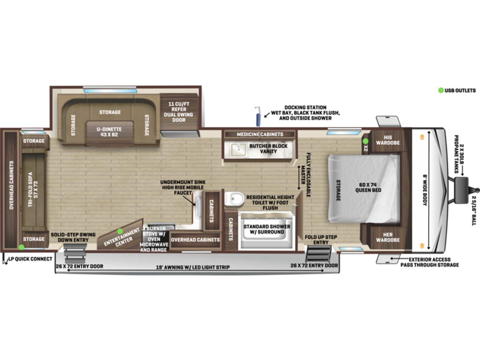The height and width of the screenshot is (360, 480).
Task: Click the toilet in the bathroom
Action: pos(234,198)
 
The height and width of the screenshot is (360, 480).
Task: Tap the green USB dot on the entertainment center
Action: pos(120,231)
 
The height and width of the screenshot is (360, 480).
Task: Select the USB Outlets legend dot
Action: pos(441,90)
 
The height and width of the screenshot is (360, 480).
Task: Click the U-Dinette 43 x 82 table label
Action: pos(109,132)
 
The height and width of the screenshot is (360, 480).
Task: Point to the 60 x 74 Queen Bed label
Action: pos(368,188)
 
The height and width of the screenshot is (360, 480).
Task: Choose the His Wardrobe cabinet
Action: pos(388,140)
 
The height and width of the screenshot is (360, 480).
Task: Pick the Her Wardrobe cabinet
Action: pos(388,237)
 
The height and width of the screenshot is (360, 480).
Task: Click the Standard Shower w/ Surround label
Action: pos(267,229)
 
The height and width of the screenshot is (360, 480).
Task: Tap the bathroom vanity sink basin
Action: pos(238,150)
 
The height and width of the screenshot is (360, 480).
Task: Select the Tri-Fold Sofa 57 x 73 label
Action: pos(33,190)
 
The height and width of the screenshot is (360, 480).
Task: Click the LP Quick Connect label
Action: pos(30,259)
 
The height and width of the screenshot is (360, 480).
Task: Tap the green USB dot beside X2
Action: pos(366,141)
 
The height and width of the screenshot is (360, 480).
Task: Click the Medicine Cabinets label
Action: pos(260,134)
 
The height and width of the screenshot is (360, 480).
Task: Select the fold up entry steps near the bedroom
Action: pos(319,253)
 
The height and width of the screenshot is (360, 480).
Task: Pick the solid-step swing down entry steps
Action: pos(75,254)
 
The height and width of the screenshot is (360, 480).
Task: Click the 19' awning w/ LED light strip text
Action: pos(193,267)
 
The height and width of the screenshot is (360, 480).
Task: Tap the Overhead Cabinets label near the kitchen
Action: pos(195,240)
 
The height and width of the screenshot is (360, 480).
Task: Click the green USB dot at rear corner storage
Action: pos(21,247)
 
